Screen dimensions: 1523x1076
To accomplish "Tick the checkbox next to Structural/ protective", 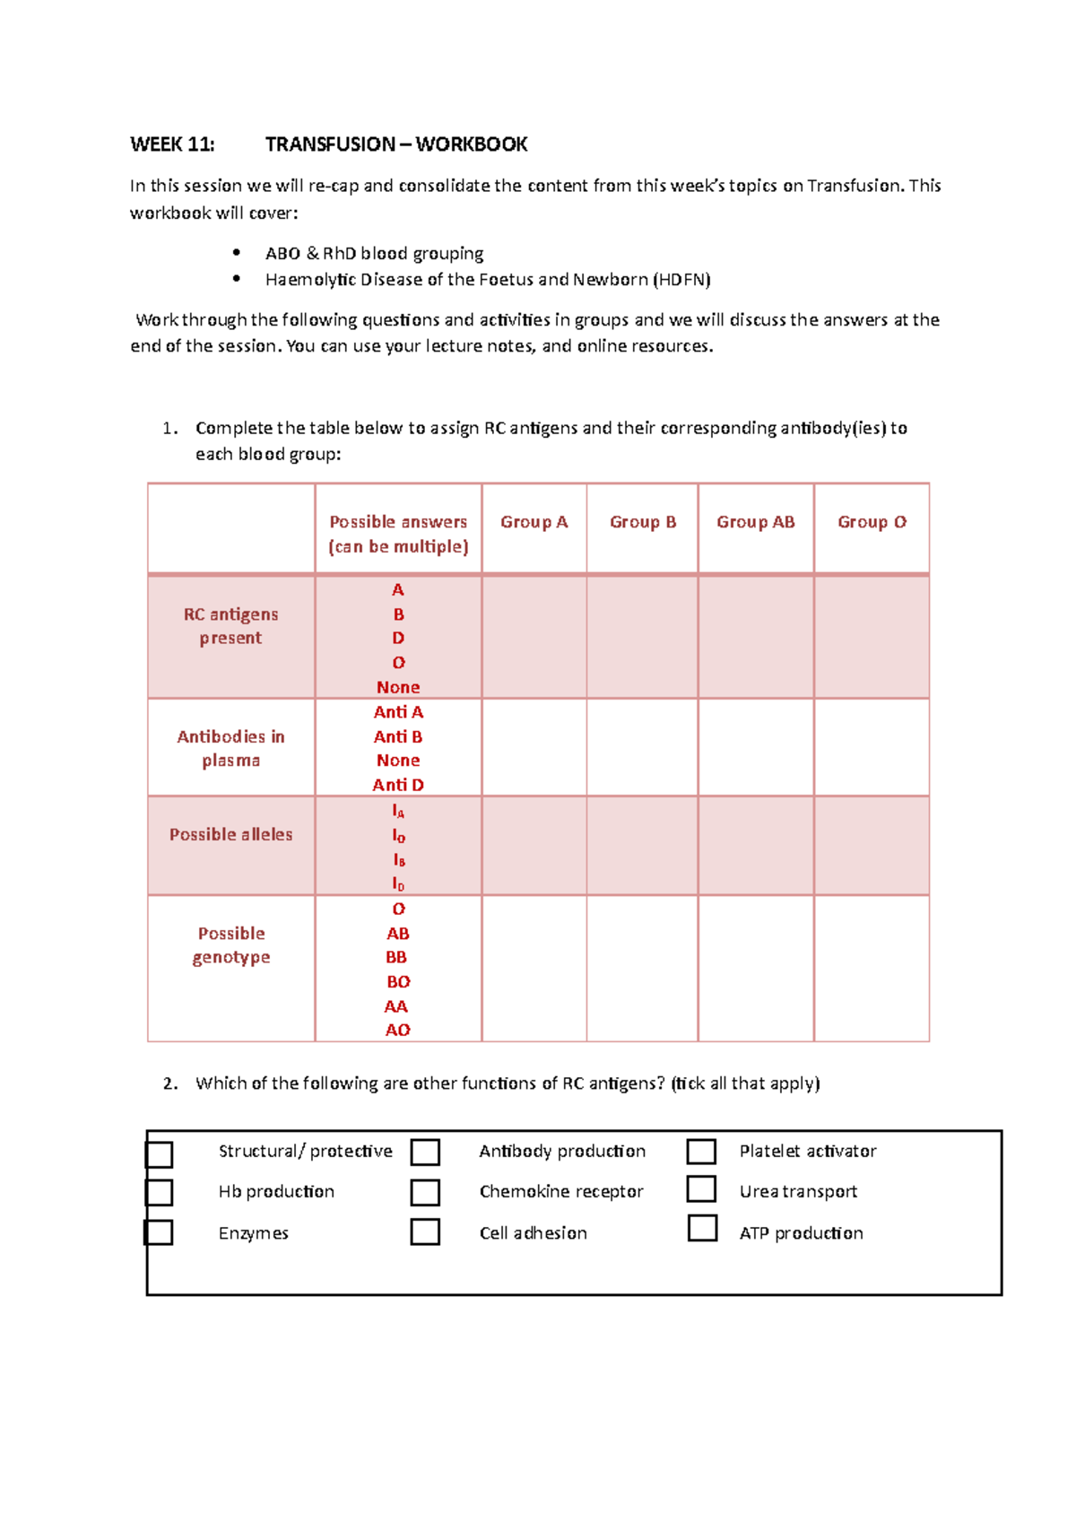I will pyautogui.click(x=159, y=1154).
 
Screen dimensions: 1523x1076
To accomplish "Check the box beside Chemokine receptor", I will pyautogui.click(x=425, y=1192).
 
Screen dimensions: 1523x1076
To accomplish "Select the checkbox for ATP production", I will pyautogui.click(x=702, y=1228).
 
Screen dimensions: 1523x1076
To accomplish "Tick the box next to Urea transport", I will pyautogui.click(x=701, y=1188).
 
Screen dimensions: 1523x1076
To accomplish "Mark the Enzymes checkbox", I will pyautogui.click(x=159, y=1232).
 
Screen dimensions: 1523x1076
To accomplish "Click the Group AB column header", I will pyautogui.click(x=755, y=522).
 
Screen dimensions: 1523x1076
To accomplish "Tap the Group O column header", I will pyautogui.click(x=872, y=522).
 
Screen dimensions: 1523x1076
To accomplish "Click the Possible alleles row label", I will pyautogui.click(x=230, y=835).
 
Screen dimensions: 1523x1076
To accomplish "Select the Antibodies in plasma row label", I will pyautogui.click(x=230, y=748).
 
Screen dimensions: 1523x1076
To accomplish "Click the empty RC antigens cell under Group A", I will pyautogui.click(x=534, y=637).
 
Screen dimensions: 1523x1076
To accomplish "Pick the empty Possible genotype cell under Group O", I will pyautogui.click(x=872, y=969).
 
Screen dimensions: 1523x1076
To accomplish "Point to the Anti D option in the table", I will pyautogui.click(x=398, y=785).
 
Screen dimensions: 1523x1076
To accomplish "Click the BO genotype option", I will pyautogui.click(x=398, y=982).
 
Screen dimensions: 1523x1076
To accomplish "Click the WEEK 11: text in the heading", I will pyautogui.click(x=172, y=144).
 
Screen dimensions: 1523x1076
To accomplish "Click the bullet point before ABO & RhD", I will pyautogui.click(x=237, y=253).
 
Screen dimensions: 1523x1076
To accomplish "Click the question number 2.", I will pyautogui.click(x=169, y=1084).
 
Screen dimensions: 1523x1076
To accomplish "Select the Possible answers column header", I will pyautogui.click(x=398, y=534).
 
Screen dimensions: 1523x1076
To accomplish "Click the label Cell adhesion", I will pyautogui.click(x=533, y=1233).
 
